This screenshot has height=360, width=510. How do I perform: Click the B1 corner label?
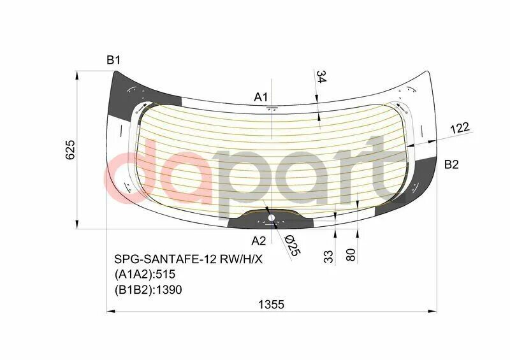(x=113, y=61)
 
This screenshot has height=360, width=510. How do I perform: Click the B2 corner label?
(x=451, y=164)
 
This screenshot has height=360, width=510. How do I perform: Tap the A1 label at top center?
(x=261, y=97)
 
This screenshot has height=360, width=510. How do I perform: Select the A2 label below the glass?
(x=258, y=241)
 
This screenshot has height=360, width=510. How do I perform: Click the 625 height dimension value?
(x=71, y=149)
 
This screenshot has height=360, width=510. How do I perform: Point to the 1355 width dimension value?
(x=271, y=305)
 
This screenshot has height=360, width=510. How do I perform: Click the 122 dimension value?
(x=460, y=128)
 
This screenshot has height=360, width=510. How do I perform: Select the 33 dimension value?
(x=328, y=256)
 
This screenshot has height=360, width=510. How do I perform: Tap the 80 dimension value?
(x=350, y=255)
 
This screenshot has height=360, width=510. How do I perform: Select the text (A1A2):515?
(x=144, y=275)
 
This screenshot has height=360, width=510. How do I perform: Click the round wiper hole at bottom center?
(x=272, y=218)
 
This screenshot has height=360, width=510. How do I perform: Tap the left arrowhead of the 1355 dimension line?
(x=109, y=312)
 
